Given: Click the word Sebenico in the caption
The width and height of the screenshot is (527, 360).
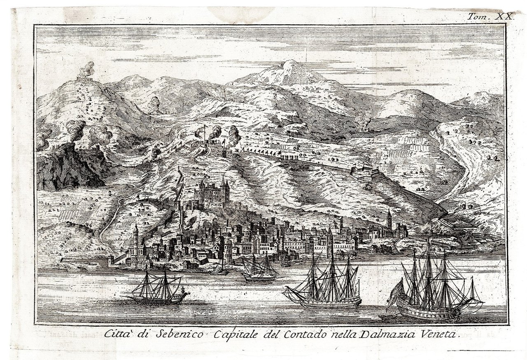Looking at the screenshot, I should pos(180,335).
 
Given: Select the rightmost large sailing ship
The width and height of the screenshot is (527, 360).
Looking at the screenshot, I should pos(432,284).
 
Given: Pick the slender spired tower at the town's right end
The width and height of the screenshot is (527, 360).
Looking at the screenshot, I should pos(389,220).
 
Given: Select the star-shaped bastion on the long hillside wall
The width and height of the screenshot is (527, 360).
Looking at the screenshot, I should pos(364,171).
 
